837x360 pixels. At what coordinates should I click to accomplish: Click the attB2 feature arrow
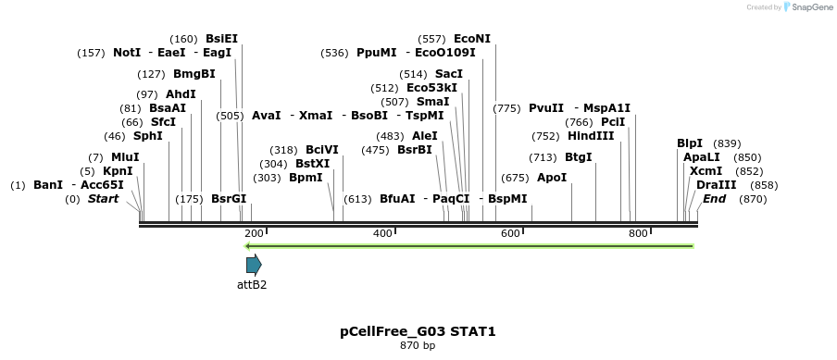(x=254, y=264)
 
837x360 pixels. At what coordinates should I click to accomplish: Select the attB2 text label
(x=252, y=285)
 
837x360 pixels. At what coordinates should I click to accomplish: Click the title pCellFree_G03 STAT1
(x=418, y=331)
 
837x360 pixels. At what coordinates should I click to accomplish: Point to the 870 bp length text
(x=418, y=346)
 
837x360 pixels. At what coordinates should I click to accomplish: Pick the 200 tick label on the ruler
(x=255, y=233)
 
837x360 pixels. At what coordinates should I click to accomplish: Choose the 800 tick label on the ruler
(x=638, y=233)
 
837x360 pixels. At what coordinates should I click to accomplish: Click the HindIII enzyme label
(x=591, y=136)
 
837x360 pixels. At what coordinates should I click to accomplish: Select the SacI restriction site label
(x=448, y=74)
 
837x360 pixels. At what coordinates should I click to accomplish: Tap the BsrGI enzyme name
(x=229, y=199)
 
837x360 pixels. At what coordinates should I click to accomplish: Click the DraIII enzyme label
(x=716, y=185)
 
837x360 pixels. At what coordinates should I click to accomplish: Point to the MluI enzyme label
(x=125, y=157)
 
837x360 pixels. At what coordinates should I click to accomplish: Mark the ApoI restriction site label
(x=552, y=178)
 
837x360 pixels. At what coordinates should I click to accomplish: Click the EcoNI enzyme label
(x=472, y=39)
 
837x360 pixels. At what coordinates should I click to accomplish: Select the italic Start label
(x=103, y=199)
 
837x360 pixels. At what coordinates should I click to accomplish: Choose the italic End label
(x=714, y=199)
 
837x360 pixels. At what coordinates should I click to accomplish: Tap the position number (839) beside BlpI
(x=728, y=143)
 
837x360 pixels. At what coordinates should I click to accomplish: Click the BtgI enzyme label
(x=578, y=157)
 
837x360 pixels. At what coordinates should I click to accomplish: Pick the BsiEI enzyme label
(x=221, y=39)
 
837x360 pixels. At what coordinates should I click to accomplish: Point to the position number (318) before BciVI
(x=283, y=150)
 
